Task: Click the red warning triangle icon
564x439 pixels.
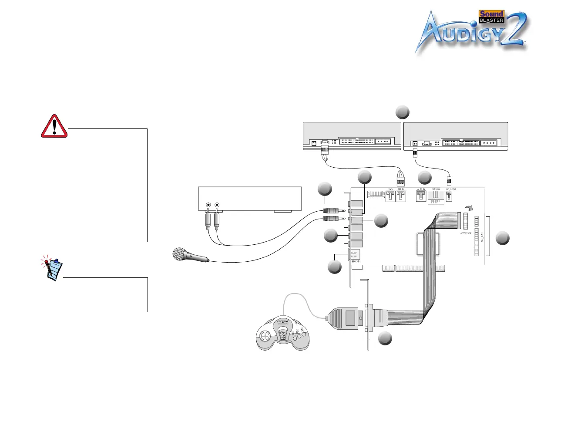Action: [54, 126]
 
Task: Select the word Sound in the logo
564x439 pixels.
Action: [491, 14]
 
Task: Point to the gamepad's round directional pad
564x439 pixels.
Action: [265, 336]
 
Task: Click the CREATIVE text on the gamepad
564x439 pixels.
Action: [283, 322]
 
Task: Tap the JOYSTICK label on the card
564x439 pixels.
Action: [466, 233]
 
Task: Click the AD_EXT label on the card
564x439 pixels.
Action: [482, 237]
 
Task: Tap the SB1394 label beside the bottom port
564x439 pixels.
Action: [356, 261]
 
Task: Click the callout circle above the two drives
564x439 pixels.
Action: [403, 112]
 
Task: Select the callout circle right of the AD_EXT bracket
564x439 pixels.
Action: [502, 238]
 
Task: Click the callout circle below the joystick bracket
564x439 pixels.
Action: [385, 339]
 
